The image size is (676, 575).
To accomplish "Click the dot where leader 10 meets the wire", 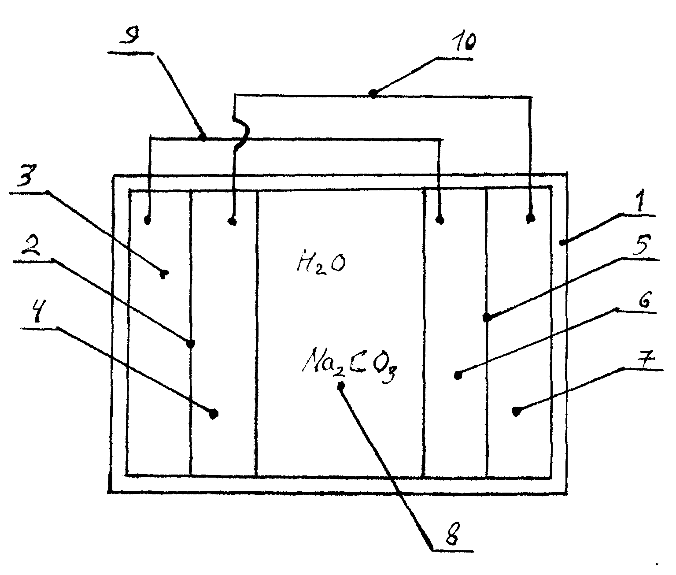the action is click(x=373, y=94).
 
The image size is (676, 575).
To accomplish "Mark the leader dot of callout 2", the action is click(x=191, y=344).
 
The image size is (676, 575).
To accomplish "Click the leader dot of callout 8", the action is click(x=341, y=386).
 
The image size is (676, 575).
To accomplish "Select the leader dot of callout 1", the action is click(x=562, y=242).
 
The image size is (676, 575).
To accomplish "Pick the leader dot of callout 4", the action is click(x=214, y=414).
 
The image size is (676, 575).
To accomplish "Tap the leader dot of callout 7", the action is click(x=516, y=412).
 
